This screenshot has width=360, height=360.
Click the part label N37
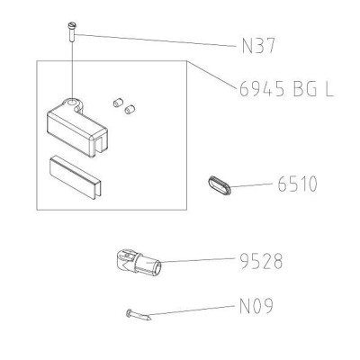258,47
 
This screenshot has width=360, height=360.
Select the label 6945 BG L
286,89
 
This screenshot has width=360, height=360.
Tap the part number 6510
297,184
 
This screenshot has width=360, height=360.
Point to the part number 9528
261,261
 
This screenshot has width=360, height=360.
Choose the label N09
256,306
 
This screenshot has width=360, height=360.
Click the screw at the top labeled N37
72,31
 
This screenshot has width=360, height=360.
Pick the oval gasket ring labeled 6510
220,185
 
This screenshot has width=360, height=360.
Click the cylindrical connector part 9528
139,262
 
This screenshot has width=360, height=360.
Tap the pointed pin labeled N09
139,315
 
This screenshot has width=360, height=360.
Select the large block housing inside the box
77,128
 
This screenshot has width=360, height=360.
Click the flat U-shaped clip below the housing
76,176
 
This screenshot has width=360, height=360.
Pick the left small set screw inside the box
118,103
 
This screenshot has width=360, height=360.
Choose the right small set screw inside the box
130,110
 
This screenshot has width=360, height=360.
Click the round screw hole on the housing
72,103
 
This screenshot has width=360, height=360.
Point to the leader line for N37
156,40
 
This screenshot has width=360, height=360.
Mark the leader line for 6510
251,184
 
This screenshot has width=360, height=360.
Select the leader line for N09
191,310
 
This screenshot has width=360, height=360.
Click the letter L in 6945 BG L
329,89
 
